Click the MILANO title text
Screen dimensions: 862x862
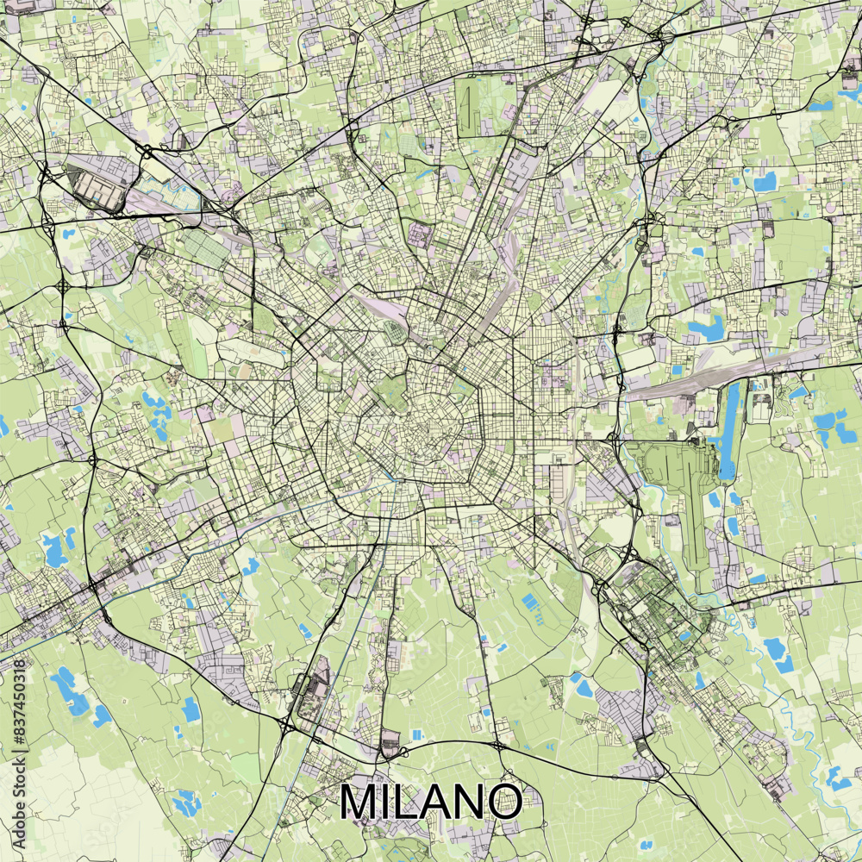click(x=430, y=802)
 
